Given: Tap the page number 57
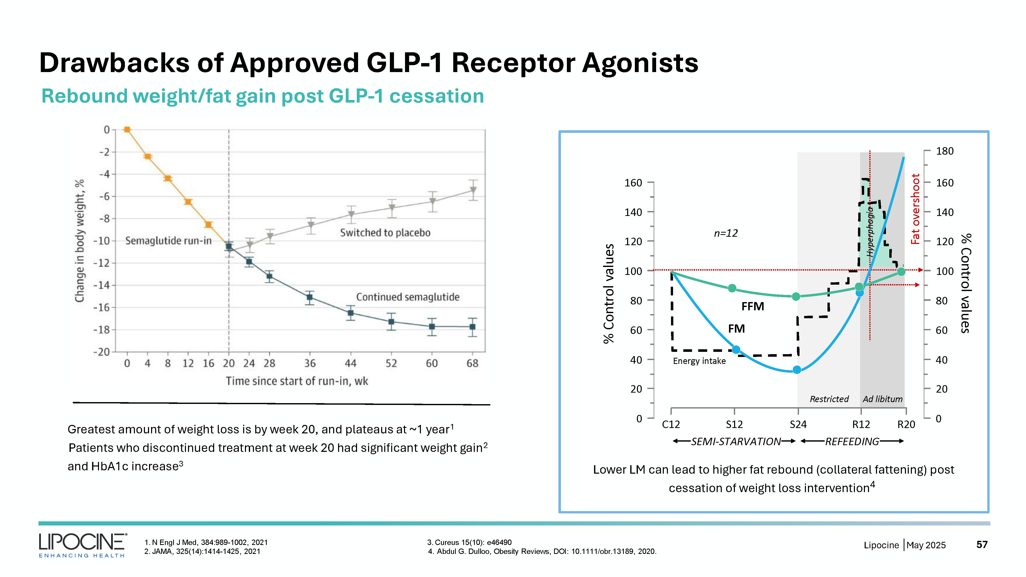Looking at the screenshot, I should coord(982,544).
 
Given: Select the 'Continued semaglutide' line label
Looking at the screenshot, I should coord(408,297).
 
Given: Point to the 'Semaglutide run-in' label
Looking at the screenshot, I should coord(168,241).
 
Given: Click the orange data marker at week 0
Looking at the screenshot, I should coord(127,130).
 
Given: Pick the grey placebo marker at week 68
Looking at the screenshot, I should coord(473,190).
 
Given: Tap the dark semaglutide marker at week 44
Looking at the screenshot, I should coord(350,313).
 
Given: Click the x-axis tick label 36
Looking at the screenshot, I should coord(310,363).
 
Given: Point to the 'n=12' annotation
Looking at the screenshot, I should coord(726,233).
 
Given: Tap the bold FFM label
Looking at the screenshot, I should coord(752,306).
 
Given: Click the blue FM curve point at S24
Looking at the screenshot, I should coord(797,370).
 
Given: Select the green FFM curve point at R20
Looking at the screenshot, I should coord(901,272).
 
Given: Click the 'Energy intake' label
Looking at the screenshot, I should coord(699,361).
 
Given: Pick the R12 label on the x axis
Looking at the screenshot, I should coord(861,424).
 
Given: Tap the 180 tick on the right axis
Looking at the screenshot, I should coord(945,151).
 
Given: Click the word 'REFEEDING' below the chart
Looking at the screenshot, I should coord(852,441).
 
